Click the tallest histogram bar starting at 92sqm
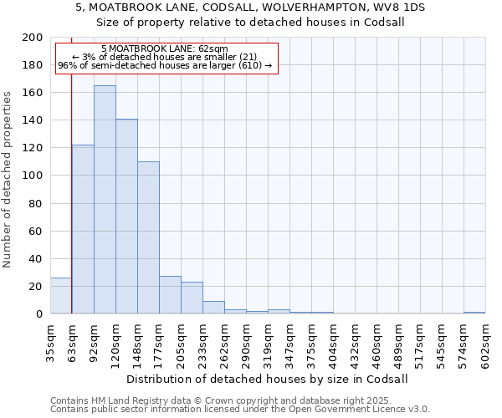coord(105,201)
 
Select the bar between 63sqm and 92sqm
coord(83,230)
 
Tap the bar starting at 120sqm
coord(126,217)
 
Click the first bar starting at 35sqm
coord(61,296)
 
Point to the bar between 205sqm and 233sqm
coord(192,298)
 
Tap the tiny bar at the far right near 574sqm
coord(474,313)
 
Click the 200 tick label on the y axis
coord(33,38)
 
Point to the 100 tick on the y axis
coord(33,176)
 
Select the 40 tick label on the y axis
coord(36,258)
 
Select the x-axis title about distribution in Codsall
coord(268,379)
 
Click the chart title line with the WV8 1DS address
coord(250,7)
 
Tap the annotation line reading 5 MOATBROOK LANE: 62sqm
coord(164,49)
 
